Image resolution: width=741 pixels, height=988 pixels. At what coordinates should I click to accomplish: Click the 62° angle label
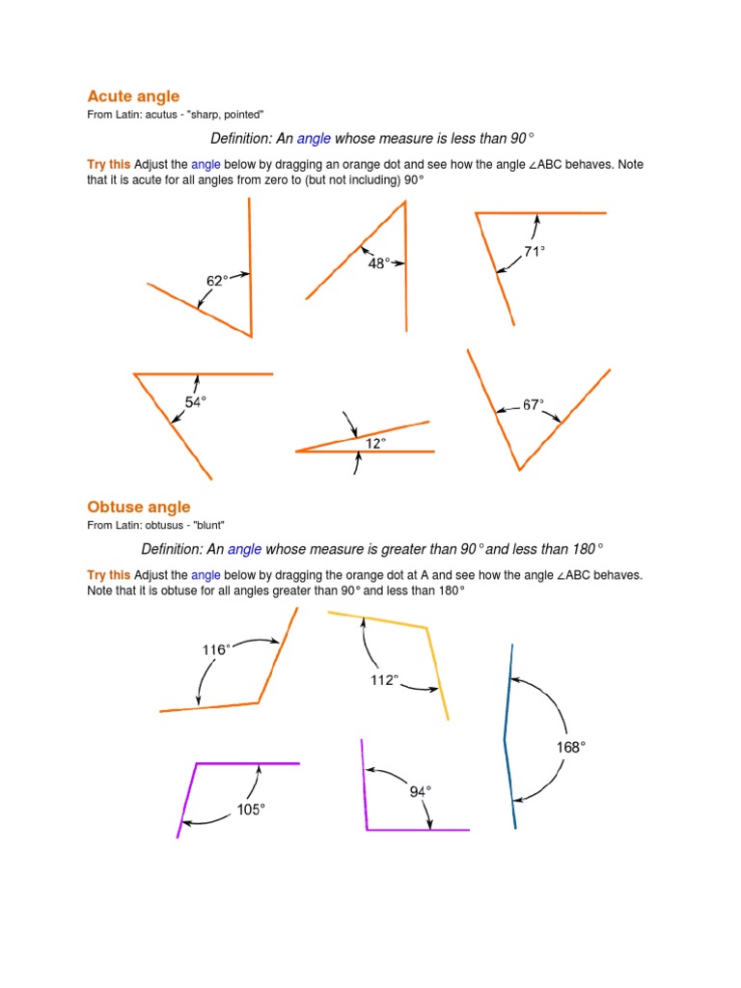[x=218, y=281]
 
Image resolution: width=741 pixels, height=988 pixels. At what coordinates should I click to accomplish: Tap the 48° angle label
[x=379, y=261]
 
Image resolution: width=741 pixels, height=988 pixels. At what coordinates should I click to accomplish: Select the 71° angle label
[x=535, y=251]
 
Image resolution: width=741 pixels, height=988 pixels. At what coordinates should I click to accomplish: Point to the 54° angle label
[x=195, y=402]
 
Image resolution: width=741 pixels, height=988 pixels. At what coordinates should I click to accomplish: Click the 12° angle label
[x=375, y=443]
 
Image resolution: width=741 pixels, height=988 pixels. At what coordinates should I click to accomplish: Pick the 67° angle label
[x=534, y=405]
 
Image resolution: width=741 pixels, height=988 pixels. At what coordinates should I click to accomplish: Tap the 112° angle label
[x=384, y=680]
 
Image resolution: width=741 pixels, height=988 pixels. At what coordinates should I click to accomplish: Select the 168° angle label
[x=571, y=746]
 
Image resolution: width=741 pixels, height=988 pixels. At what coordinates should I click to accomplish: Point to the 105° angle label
[x=251, y=810]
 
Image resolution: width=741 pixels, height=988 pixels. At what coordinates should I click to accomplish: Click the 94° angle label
[x=420, y=791]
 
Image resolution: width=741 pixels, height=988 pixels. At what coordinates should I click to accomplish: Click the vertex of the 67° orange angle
[x=520, y=470]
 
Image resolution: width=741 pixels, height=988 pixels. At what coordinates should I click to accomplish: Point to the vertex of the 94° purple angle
[x=367, y=829]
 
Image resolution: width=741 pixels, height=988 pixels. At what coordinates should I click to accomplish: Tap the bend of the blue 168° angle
[x=505, y=740]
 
